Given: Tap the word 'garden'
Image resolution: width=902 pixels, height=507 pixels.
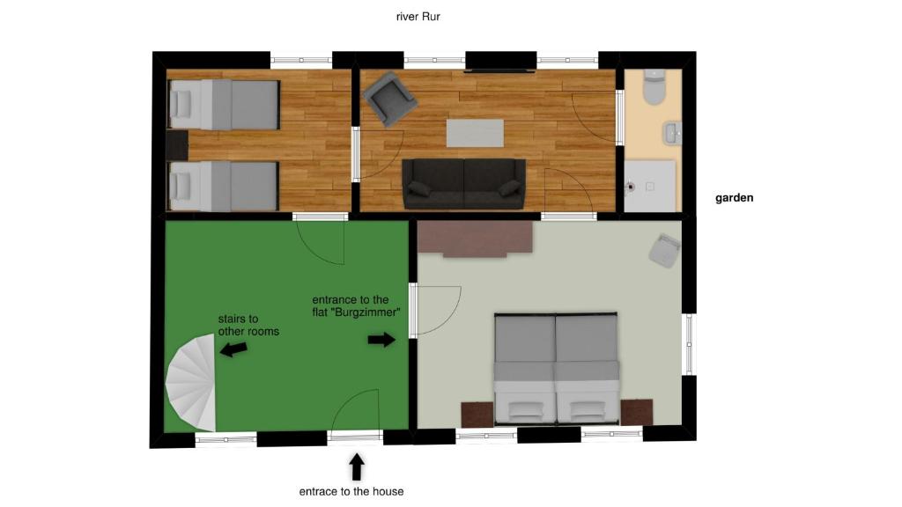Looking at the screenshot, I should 734,198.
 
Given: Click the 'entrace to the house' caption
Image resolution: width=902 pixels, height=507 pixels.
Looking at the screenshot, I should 351,491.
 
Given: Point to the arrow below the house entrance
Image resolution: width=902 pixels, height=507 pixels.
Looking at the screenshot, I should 356,466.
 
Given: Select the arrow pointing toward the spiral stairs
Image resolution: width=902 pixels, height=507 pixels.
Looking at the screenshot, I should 233,349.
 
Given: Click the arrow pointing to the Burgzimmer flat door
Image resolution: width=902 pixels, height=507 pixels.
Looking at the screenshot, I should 381,340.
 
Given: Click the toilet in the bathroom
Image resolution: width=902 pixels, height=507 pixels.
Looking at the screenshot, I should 654,86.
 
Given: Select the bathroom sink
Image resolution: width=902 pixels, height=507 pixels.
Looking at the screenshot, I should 672,134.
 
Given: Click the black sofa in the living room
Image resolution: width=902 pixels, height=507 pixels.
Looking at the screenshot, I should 463,183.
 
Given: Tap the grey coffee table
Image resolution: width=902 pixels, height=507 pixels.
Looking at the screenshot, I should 475,133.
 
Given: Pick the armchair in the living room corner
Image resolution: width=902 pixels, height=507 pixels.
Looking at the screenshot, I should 390,98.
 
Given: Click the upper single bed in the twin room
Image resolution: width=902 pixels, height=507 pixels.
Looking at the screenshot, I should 224,105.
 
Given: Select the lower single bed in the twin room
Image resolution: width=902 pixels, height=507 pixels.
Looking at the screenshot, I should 224,186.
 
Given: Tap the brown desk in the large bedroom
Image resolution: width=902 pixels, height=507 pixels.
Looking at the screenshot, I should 476,238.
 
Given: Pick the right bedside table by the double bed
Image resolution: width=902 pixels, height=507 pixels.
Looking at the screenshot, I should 636,411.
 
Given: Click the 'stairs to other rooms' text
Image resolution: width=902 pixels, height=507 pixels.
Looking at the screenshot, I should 248,325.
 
